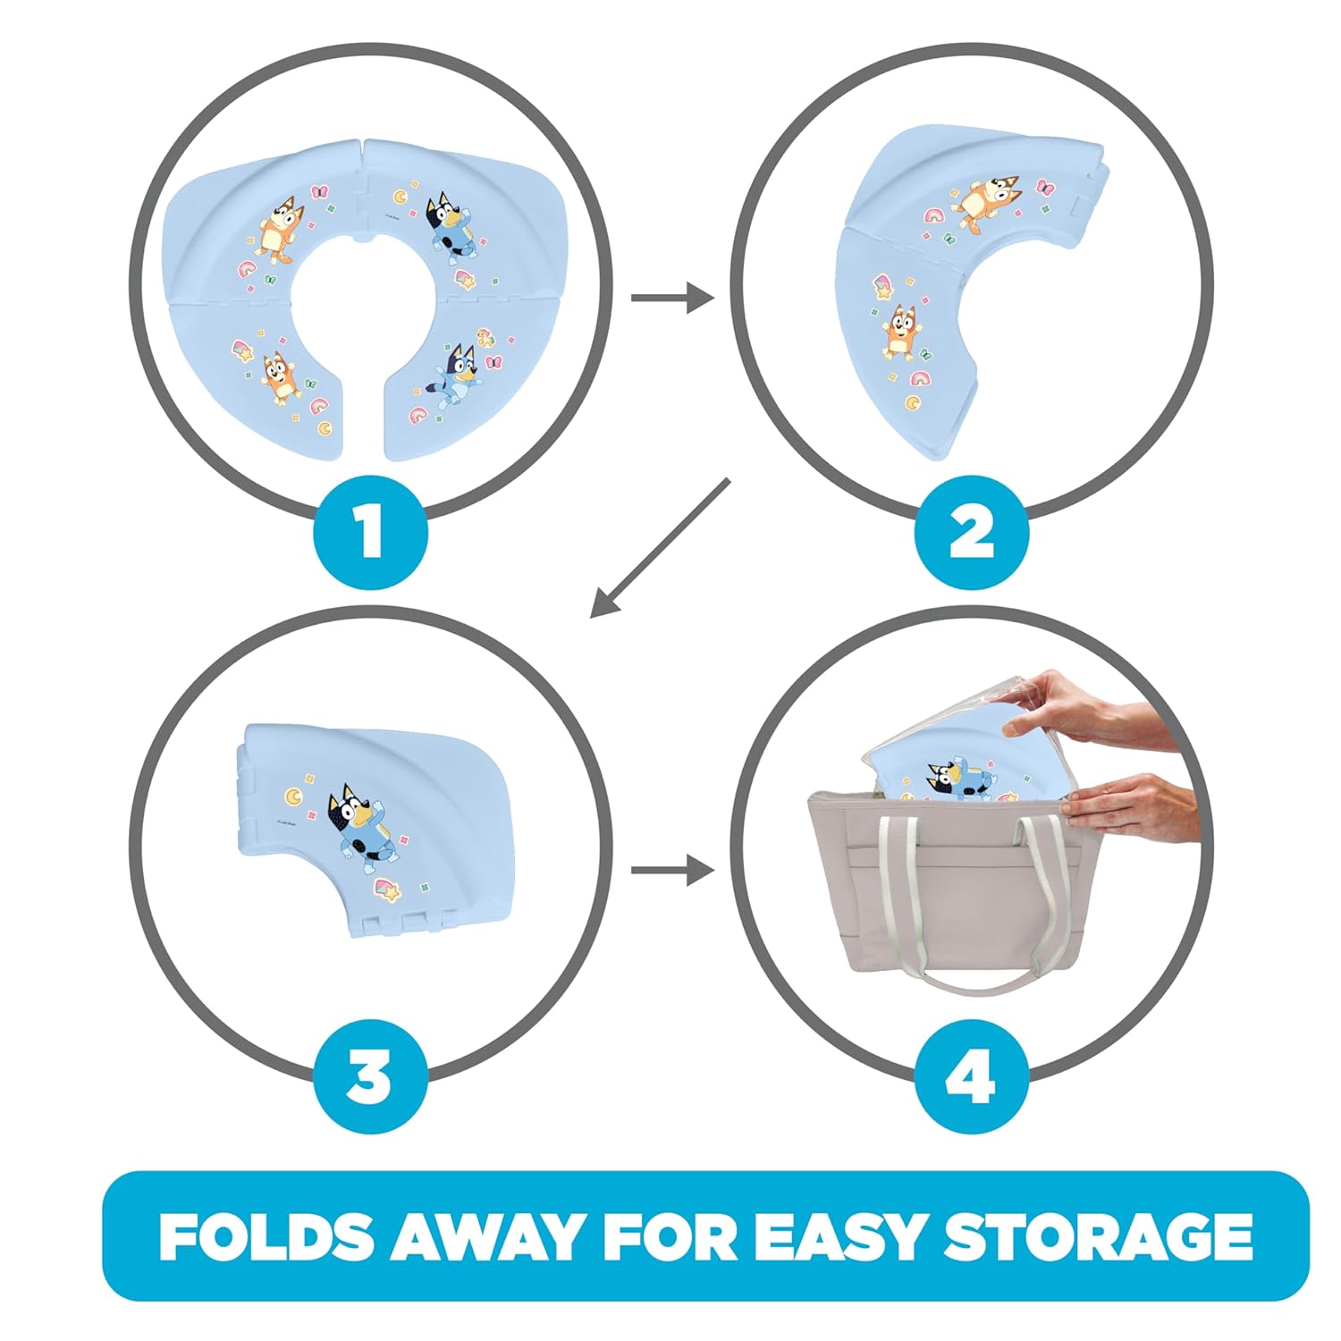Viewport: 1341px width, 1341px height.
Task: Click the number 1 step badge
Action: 370,533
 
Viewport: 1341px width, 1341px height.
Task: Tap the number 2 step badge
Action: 971,533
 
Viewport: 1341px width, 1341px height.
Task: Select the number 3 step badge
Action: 370,1076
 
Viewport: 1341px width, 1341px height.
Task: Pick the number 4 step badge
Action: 971,1076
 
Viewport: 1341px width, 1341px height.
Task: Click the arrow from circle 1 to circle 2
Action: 672,297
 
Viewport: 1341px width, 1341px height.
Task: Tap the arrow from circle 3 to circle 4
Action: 672,870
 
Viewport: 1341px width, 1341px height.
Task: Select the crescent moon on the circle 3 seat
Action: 292,794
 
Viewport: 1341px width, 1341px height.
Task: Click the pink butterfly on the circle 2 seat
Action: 1044,188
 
